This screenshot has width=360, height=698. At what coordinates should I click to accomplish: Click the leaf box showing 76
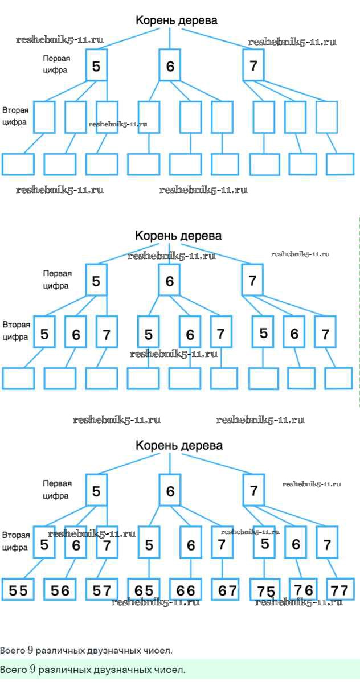pos(302,589)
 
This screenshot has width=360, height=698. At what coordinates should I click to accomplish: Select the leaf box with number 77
pos(340,589)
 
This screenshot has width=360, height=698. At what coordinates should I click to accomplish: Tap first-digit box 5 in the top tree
pos(96,66)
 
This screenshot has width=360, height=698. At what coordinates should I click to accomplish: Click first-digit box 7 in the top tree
pos(253,65)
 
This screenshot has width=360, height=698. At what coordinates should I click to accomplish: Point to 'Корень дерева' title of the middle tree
pos(178,235)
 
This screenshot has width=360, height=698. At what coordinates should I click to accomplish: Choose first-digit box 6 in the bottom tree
pos(170,491)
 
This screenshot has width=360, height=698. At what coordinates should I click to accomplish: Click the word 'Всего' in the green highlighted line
pos(13,670)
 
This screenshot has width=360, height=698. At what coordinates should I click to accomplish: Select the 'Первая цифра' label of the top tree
pos(56,64)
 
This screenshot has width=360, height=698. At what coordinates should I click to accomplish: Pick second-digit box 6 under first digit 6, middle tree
pos(190,335)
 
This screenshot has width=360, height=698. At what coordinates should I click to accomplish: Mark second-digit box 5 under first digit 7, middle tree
pos(263,333)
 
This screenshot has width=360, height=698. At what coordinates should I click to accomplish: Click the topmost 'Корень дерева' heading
pos(176,21)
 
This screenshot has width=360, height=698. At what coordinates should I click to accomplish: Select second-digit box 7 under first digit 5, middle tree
pos(107,335)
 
